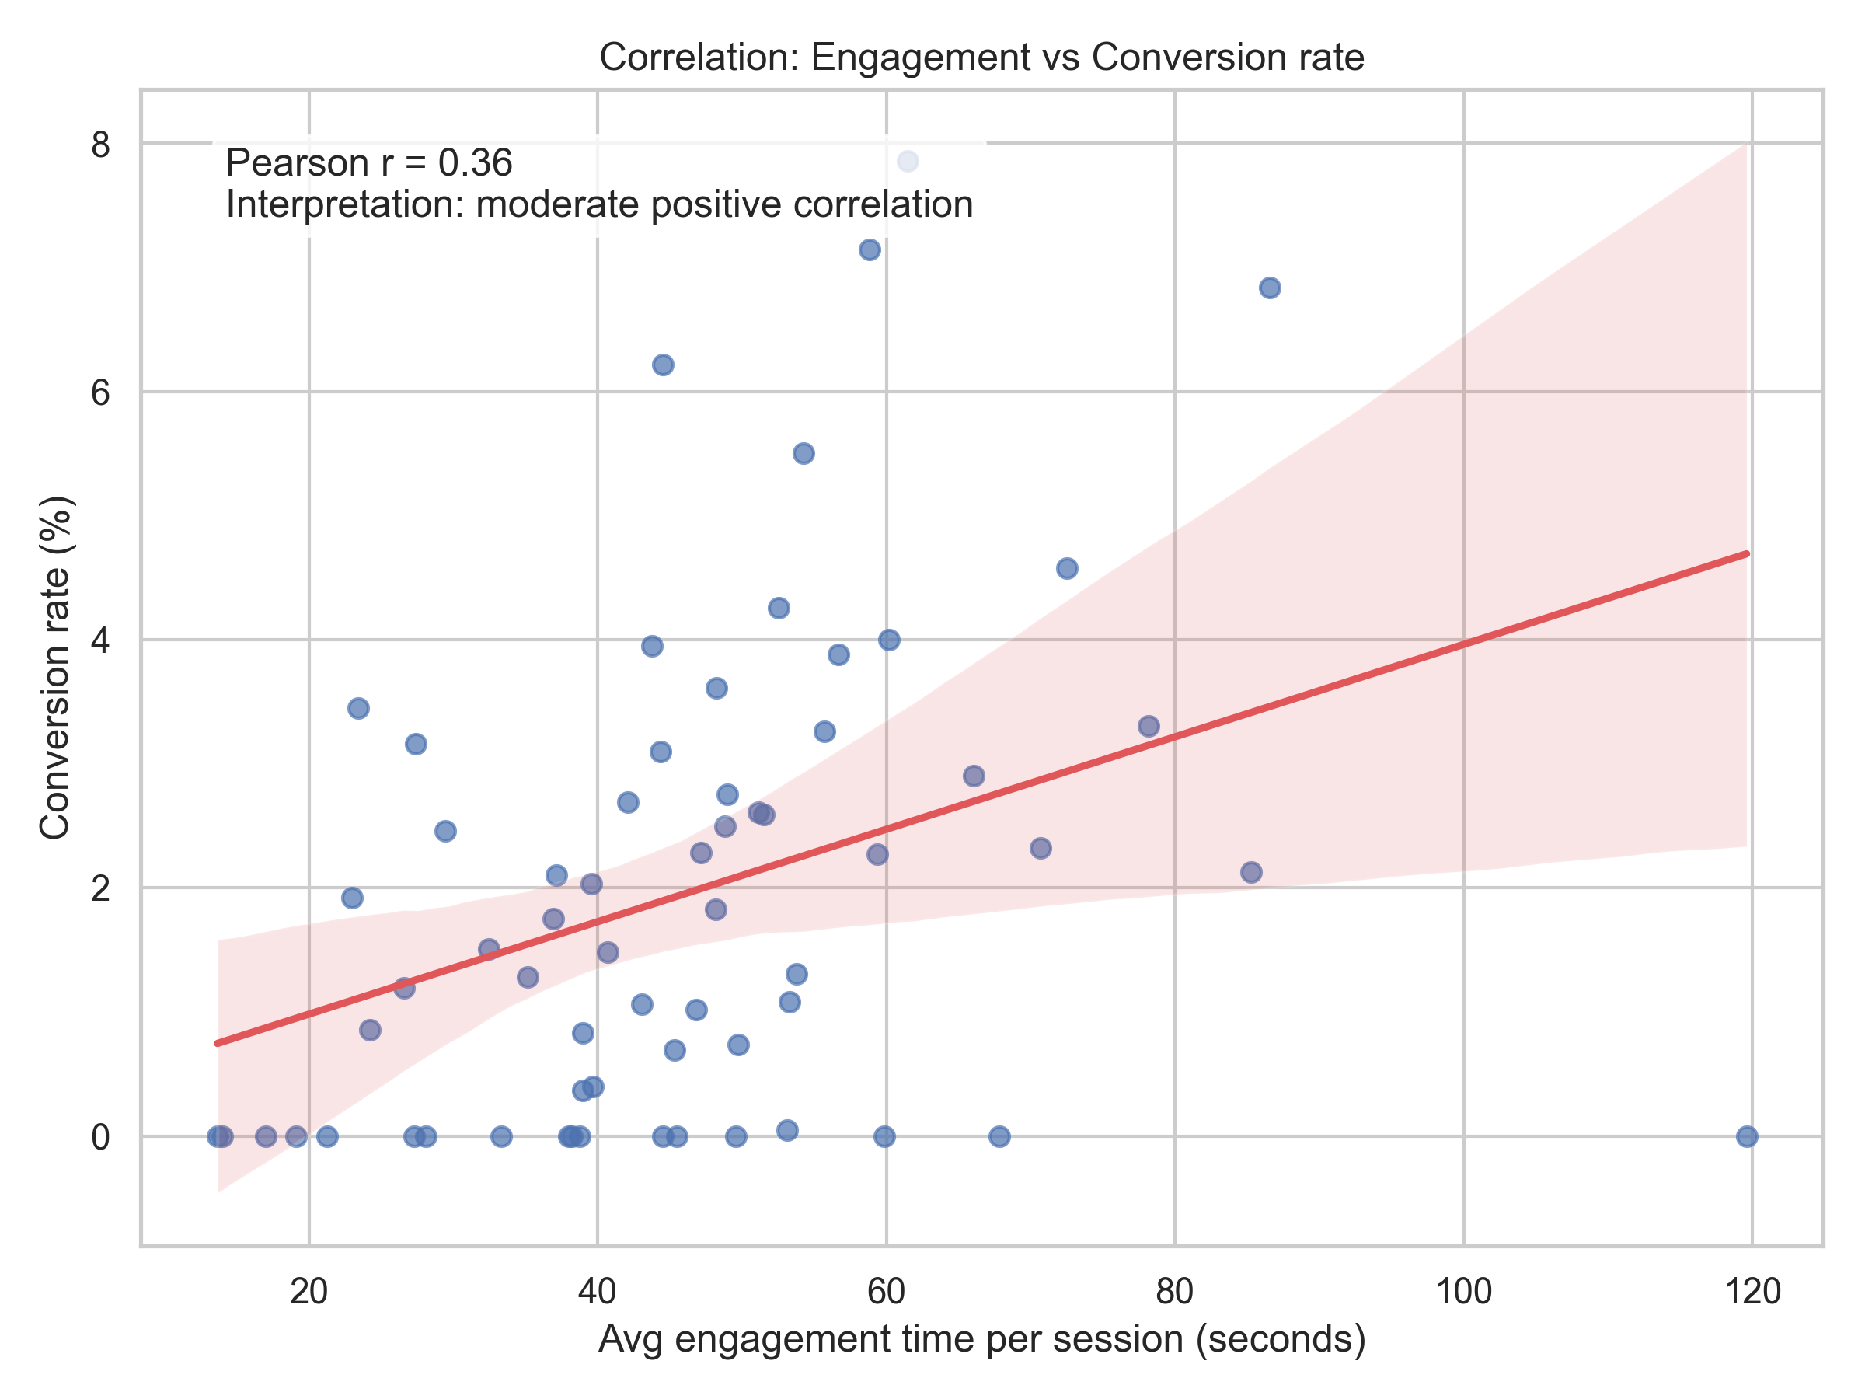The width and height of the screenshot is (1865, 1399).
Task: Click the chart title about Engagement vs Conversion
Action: (981, 58)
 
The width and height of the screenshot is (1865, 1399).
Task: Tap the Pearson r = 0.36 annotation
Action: (368, 162)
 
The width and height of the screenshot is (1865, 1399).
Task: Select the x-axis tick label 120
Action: (1752, 1291)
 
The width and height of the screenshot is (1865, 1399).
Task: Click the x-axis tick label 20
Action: (309, 1291)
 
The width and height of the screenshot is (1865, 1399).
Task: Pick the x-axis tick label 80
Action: (1174, 1291)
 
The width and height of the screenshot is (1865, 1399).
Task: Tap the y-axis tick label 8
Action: (101, 145)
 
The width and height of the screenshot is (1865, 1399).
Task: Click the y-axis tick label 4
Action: (101, 640)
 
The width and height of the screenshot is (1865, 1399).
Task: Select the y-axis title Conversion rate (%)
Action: (56, 668)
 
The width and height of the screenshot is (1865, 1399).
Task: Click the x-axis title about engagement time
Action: (981, 1339)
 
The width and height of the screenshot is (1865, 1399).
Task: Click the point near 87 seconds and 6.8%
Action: (1270, 288)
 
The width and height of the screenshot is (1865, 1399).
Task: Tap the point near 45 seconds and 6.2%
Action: (663, 365)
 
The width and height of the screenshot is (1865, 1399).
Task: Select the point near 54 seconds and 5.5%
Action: (804, 454)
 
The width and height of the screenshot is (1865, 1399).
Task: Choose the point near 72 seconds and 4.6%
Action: (1067, 568)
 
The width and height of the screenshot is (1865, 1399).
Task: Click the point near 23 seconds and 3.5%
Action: (358, 708)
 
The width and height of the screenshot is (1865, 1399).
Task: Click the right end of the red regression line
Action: (1746, 554)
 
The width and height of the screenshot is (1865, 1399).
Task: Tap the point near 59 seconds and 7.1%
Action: (870, 249)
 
